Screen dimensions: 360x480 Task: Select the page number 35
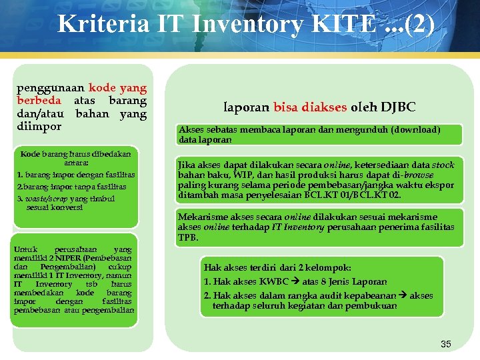coord(446,344)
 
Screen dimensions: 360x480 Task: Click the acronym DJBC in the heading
coord(398,107)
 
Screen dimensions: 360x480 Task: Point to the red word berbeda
coord(39,100)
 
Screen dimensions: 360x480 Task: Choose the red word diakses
coord(324,107)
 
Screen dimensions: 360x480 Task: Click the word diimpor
coord(39,126)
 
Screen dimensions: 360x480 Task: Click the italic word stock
coord(443,165)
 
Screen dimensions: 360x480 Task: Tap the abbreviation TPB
coord(188,237)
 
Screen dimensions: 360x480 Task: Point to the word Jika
coord(186,165)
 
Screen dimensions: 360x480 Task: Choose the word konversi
coord(65,207)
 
